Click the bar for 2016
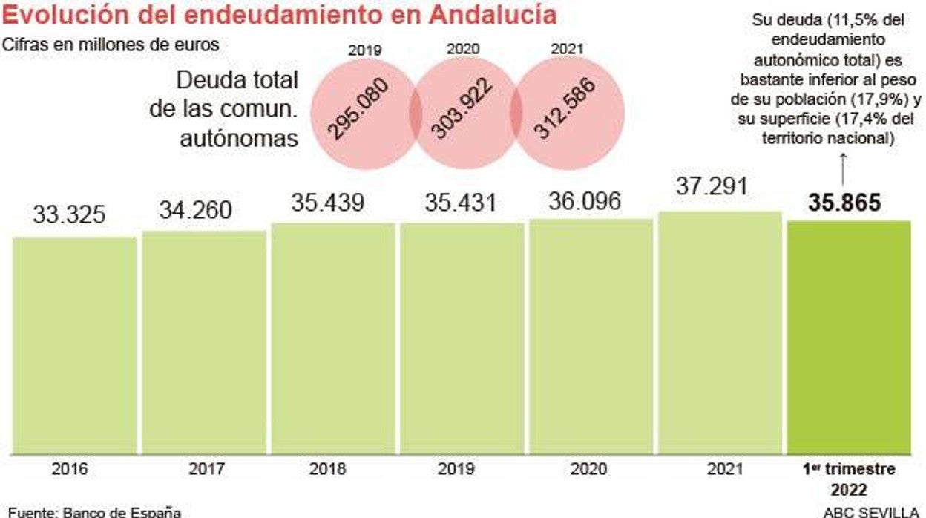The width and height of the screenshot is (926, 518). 75,345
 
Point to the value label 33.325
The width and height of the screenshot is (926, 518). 69,215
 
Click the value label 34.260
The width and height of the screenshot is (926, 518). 195,211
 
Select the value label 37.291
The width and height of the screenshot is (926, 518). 712,186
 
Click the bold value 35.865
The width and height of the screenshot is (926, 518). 844,203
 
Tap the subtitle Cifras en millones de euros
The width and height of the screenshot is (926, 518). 111,45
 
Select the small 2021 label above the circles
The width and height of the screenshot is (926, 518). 568,50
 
